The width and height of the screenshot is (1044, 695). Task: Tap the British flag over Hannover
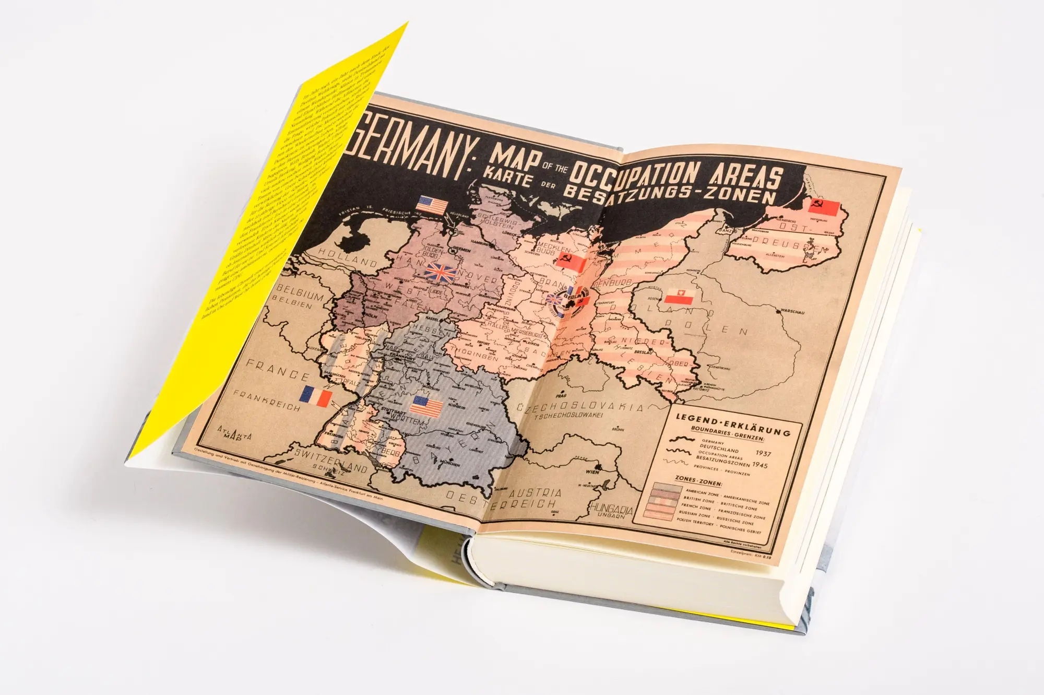(439, 272)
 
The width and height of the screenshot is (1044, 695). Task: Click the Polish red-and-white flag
(679, 297)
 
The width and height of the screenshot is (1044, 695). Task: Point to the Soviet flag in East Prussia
(823, 209)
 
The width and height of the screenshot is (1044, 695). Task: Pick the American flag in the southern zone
(426, 407)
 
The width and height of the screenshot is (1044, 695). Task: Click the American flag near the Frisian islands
(433, 205)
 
